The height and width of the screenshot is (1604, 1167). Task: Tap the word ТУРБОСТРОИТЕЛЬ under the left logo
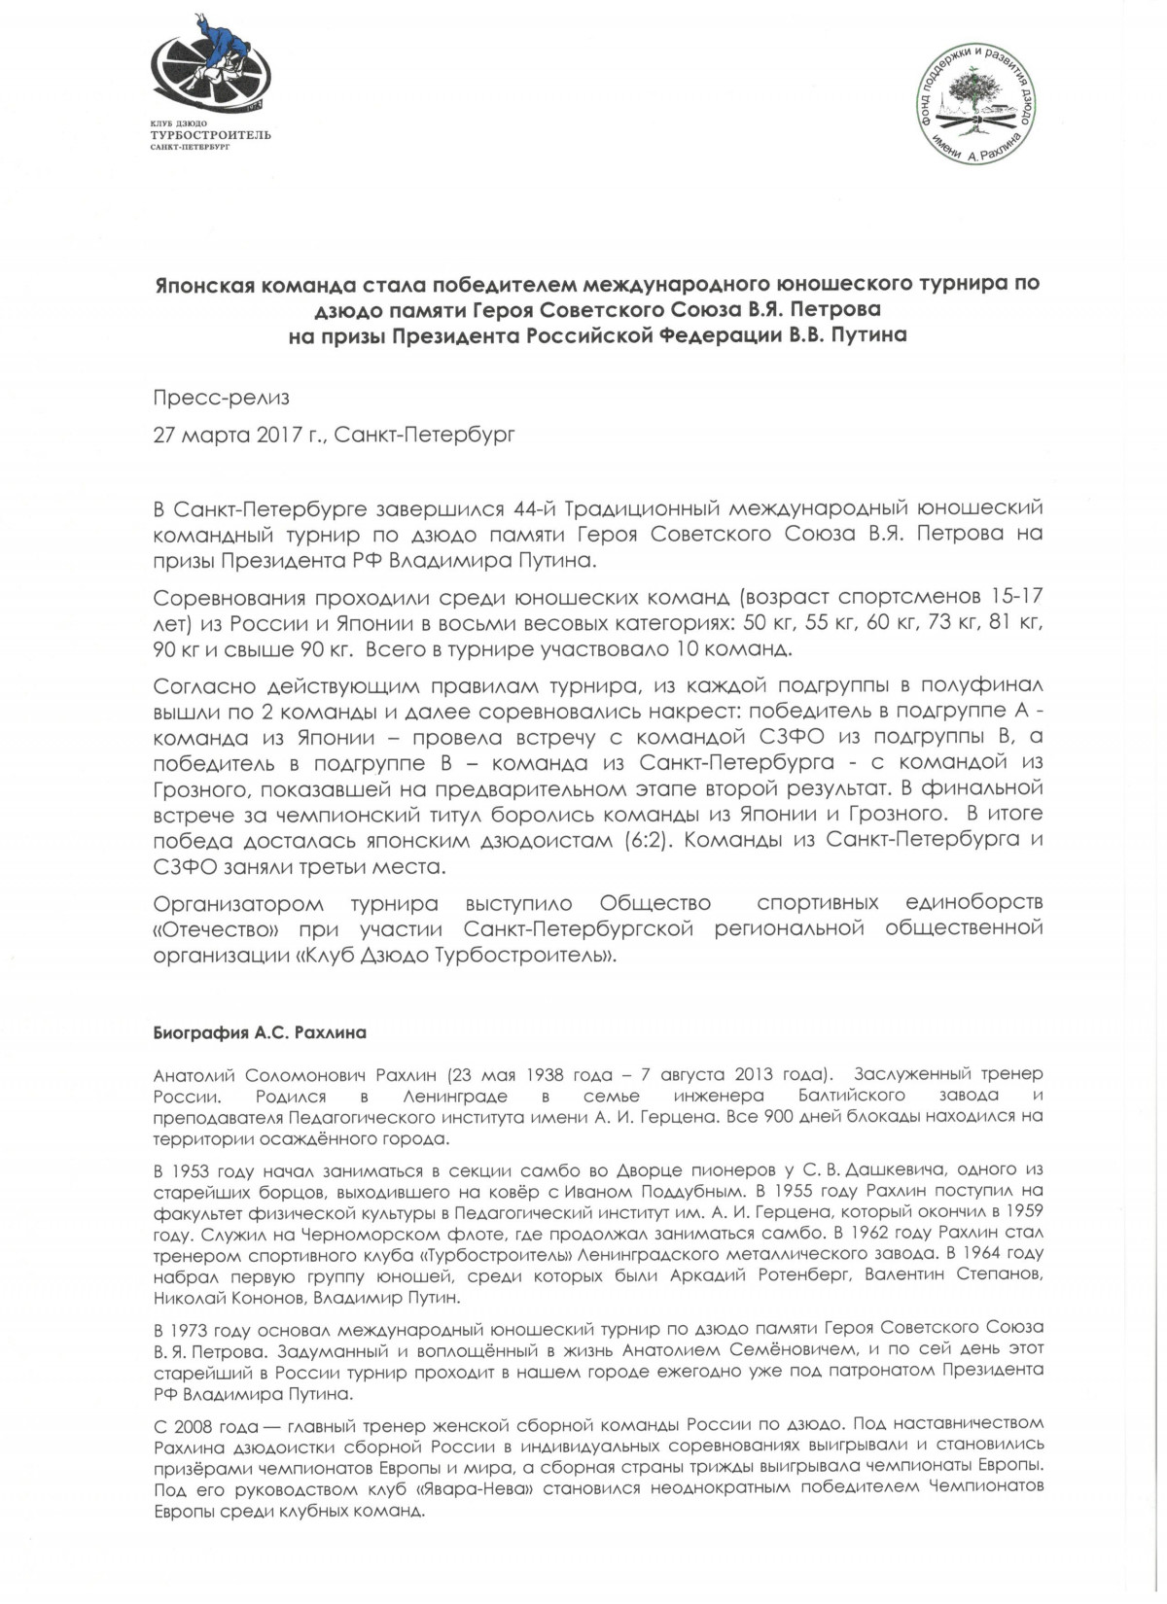(x=210, y=135)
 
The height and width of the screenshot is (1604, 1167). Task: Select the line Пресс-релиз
(x=221, y=398)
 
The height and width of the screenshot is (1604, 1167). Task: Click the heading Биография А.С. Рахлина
(x=260, y=1032)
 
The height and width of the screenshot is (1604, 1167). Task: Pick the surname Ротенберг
(x=795, y=1275)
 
